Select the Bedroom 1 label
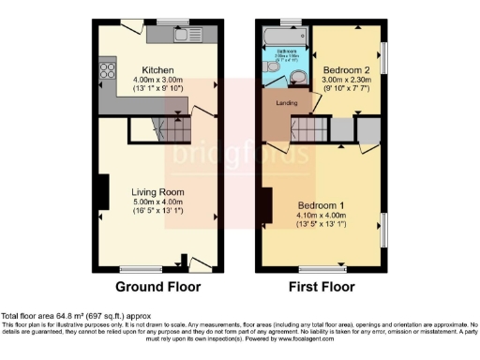point(322,204)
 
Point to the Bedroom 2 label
point(346,70)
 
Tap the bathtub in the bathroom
point(285,37)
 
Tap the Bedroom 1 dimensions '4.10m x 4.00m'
point(322,215)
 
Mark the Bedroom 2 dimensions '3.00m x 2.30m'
point(346,81)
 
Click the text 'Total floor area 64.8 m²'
point(47,317)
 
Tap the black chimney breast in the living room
point(97,191)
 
